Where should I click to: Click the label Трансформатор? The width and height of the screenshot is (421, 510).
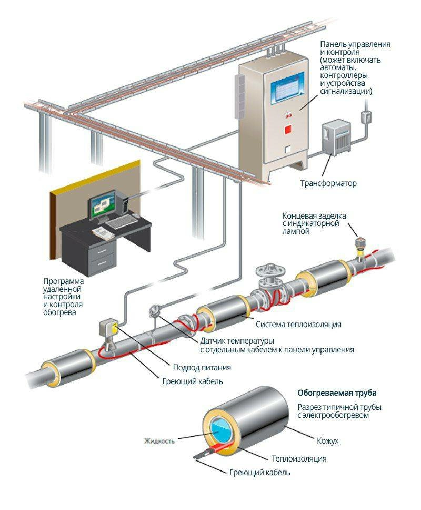328,184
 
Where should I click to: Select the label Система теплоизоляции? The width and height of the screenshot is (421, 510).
299,323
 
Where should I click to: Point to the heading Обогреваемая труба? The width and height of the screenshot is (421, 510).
337,393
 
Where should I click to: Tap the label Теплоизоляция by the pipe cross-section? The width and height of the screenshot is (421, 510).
299,459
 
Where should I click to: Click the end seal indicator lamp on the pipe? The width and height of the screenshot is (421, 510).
361,244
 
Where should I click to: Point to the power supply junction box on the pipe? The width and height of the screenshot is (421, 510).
107,329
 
